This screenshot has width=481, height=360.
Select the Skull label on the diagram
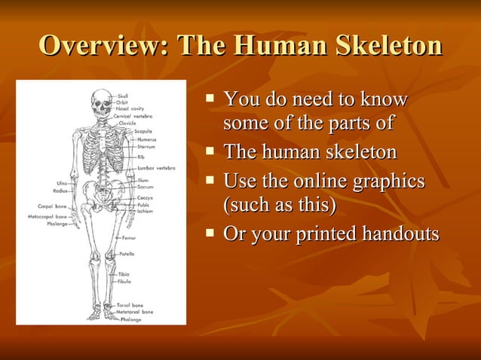[x=123, y=95]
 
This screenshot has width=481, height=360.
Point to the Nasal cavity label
[x=130, y=109]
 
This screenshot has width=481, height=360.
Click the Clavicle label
[x=127, y=123]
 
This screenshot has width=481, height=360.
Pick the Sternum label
[x=146, y=147]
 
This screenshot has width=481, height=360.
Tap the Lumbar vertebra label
[x=156, y=167]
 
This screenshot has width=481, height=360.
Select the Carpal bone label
[x=53, y=206]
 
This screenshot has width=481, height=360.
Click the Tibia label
[x=124, y=274]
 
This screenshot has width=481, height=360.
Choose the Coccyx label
[x=146, y=198]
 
